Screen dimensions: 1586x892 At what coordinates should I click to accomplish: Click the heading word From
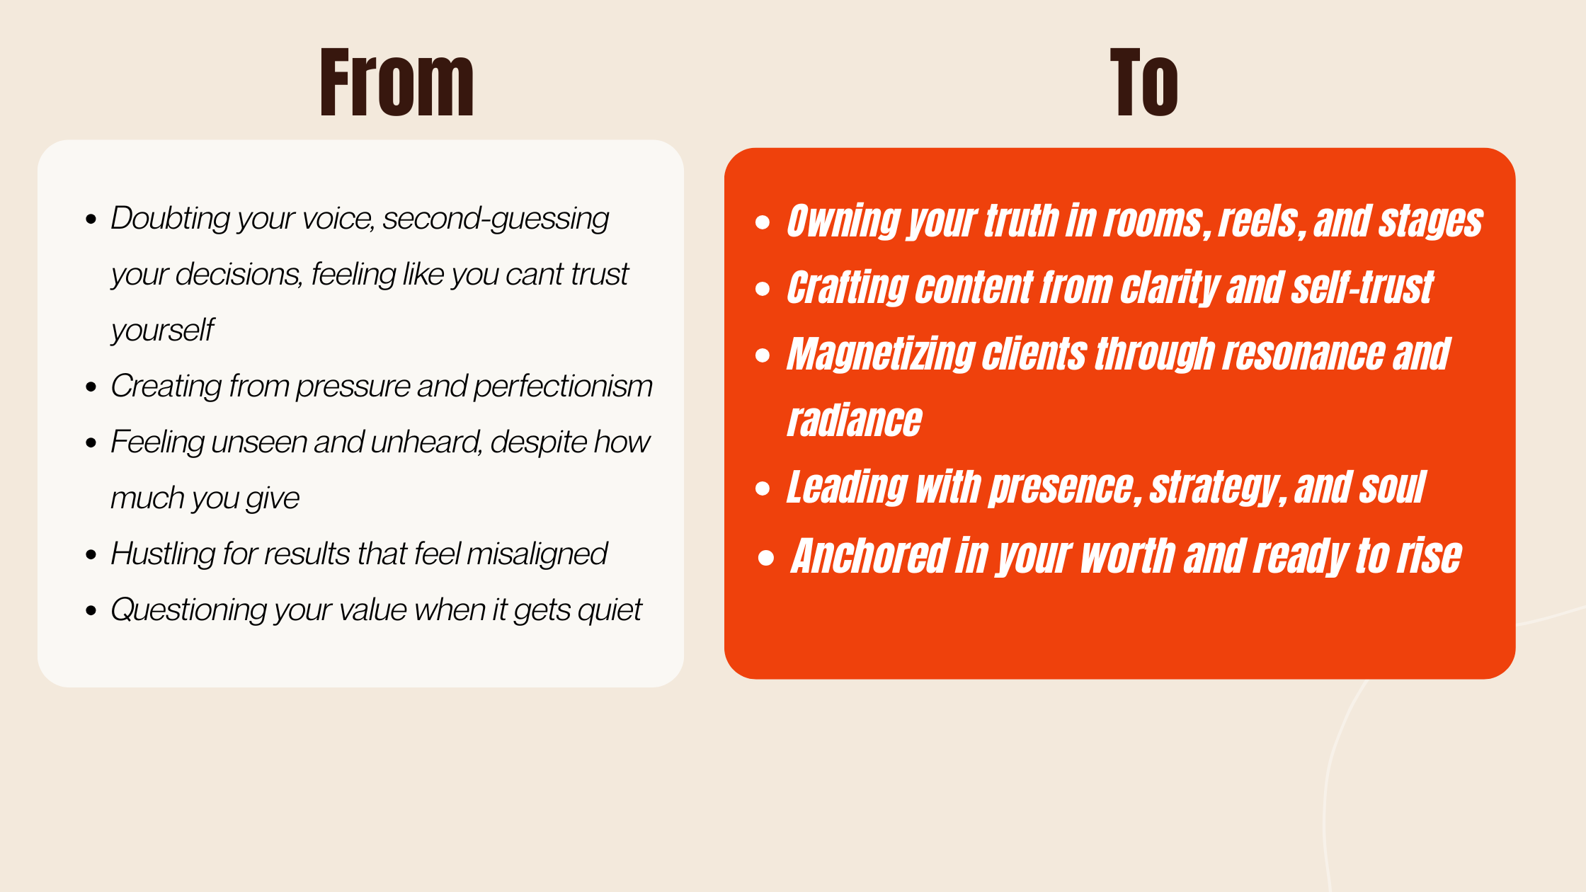pyautogui.click(x=396, y=82)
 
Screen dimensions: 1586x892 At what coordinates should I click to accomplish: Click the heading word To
pyautogui.click(x=1143, y=82)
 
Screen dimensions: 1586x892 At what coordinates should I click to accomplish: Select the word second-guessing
pyautogui.click(x=496, y=219)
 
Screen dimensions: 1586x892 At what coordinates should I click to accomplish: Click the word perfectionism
pyautogui.click(x=563, y=387)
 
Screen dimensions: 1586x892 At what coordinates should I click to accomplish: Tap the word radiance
pyautogui.click(x=855, y=421)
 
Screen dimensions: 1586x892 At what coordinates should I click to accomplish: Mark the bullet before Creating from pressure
pyautogui.click(x=91, y=387)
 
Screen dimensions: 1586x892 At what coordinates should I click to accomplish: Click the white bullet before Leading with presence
pyautogui.click(x=763, y=488)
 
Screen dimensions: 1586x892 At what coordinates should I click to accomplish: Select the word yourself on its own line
pyautogui.click(x=162, y=331)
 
